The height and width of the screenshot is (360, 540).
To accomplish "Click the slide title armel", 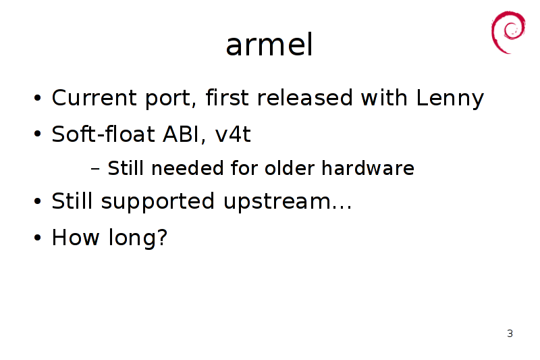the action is point(269,45).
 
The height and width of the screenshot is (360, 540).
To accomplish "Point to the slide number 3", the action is point(510,334).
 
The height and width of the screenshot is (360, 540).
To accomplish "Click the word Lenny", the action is point(450,98).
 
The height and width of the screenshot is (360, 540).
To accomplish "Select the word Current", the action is point(94,97).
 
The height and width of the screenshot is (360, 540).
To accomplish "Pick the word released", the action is point(305,97).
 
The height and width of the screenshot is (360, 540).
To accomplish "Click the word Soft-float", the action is point(103,134).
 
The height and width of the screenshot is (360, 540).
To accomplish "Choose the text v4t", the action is point(233,134).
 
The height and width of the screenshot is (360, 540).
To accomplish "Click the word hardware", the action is point(368,168).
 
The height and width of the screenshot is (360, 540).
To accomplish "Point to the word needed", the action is point(188,168).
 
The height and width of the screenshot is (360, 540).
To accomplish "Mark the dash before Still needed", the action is point(95,169).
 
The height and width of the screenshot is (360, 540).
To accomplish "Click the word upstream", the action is point(277,202).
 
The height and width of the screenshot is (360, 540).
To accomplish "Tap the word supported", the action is point(158,202).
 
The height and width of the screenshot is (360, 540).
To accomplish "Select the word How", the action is point(76,237).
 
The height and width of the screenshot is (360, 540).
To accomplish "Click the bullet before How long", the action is point(38,238).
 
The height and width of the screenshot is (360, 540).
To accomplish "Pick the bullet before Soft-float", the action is point(38,134).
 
